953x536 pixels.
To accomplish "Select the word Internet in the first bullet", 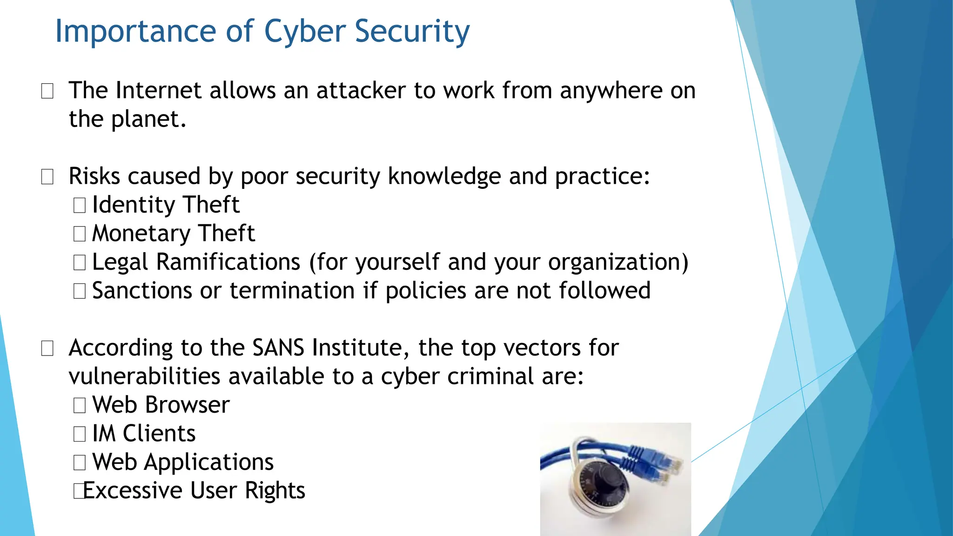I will pyautogui.click(x=159, y=90).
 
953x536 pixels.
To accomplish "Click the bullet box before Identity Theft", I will pyautogui.click(x=80, y=205).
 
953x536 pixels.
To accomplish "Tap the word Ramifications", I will pyautogui.click(x=228, y=262).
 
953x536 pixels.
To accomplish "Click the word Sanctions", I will pyautogui.click(x=142, y=291).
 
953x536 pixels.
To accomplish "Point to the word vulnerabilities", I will pyautogui.click(x=144, y=376).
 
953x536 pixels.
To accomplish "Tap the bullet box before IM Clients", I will pyautogui.click(x=80, y=434).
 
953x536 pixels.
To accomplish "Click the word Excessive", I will pyautogui.click(x=132, y=491).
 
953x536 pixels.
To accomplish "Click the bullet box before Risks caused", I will pyautogui.click(x=47, y=177).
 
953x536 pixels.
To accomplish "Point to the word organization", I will pyautogui.click(x=618, y=262).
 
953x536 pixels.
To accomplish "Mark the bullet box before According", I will pyautogui.click(x=47, y=348).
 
